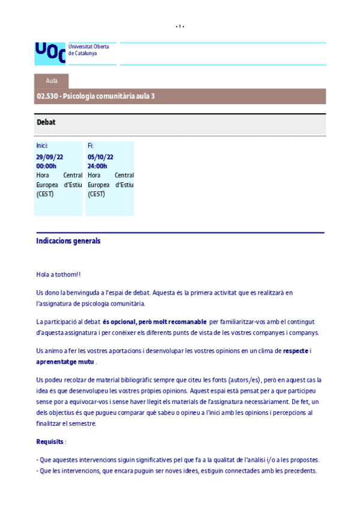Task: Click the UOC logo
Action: click(50, 52)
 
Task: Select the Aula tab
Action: click(52, 81)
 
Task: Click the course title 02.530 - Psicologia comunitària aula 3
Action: click(96, 96)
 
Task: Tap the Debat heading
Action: click(46, 122)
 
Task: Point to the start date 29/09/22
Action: click(49, 157)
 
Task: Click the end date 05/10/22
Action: click(100, 157)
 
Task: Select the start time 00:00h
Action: click(46, 166)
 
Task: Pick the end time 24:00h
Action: click(97, 166)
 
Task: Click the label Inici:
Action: click(42, 146)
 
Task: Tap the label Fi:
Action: click(91, 146)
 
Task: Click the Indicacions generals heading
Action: click(68, 241)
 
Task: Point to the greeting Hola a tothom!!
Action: click(58, 275)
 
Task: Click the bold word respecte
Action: click(295, 351)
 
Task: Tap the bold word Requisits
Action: click(50, 442)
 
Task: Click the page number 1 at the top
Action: click(180, 26)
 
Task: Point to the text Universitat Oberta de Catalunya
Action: click(84, 49)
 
